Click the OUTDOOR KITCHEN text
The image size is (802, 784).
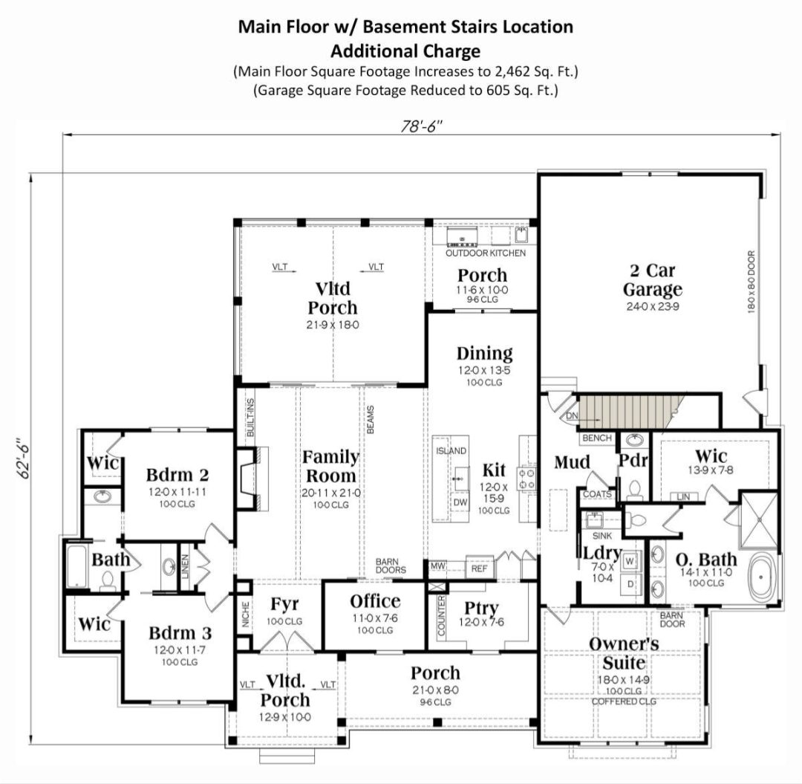point(485,253)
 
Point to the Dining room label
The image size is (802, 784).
point(484,354)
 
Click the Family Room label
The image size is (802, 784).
point(330,467)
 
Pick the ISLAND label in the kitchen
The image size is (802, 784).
point(450,451)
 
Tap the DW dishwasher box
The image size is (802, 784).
point(460,502)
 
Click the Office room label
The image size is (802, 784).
point(375,601)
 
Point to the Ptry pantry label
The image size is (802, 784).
point(481,607)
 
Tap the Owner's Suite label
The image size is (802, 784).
point(624,652)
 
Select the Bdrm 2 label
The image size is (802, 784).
point(177,474)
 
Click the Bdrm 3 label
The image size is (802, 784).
point(180,633)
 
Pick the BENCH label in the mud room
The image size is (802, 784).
point(597,438)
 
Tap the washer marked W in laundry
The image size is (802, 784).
point(630,560)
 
